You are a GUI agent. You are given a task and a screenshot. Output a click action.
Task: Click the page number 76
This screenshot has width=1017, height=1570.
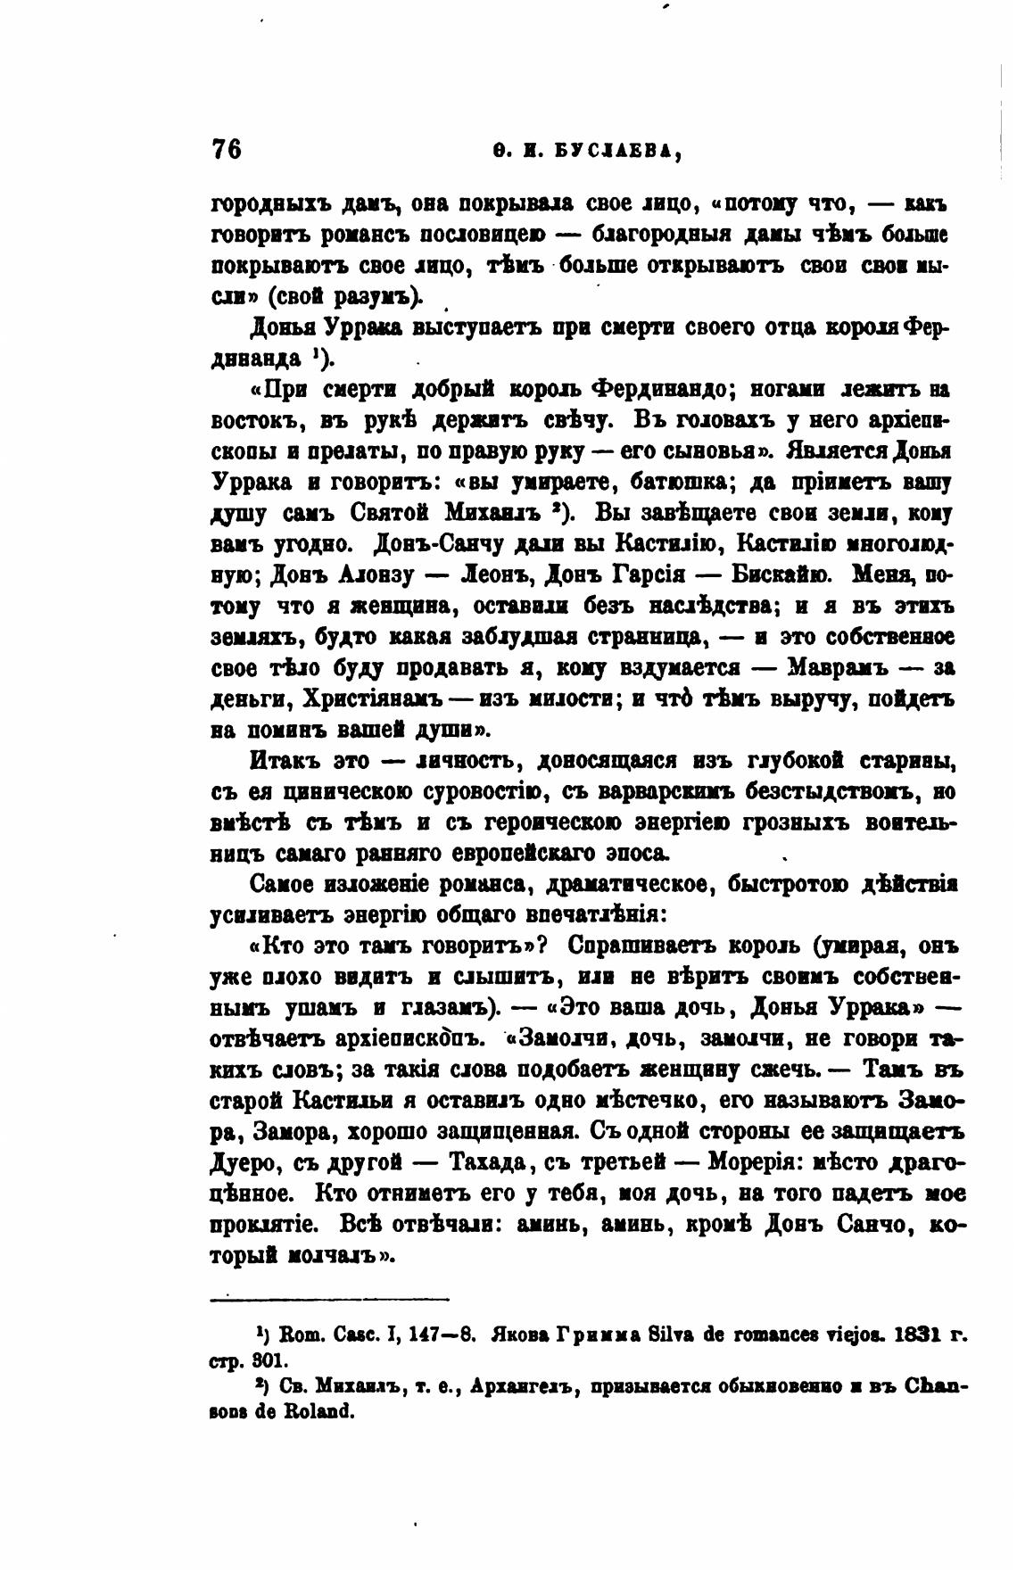(x=227, y=148)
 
